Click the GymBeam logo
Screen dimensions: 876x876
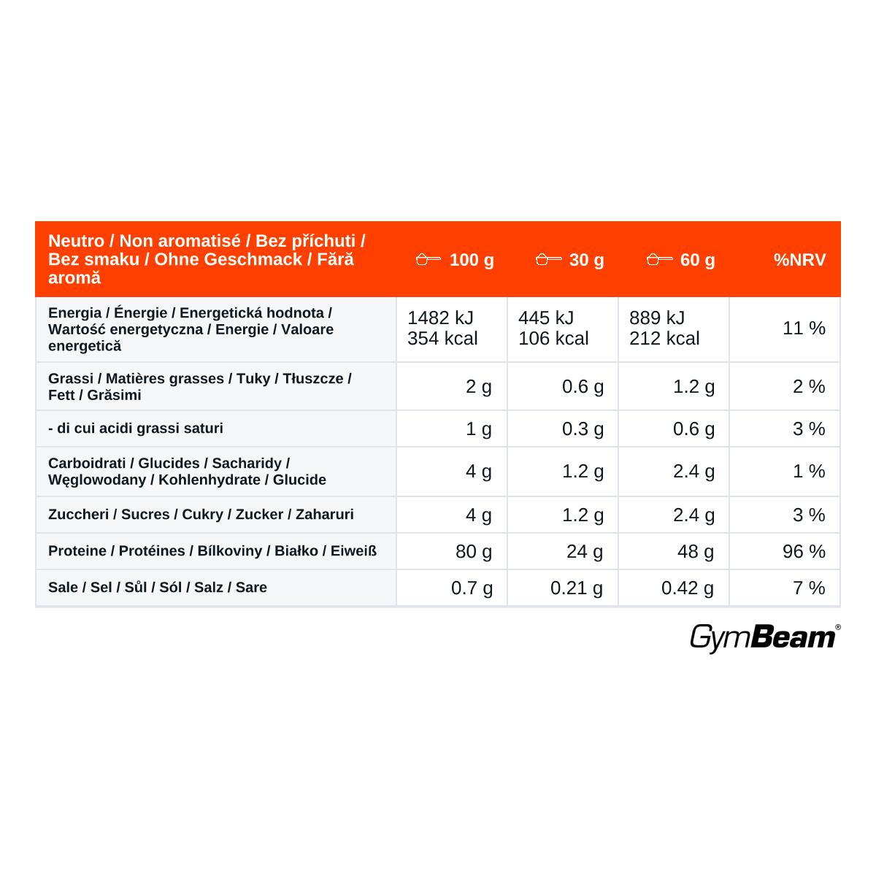765,638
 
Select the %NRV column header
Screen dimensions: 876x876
799,260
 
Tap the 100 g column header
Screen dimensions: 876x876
472,261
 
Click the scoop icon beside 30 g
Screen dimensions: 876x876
549,259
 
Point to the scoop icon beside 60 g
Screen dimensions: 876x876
660,259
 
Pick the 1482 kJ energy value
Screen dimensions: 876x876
440,318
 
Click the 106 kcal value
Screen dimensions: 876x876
553,338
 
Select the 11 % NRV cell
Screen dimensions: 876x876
804,328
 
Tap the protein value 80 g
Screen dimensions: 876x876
474,552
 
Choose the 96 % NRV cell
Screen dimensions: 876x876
804,551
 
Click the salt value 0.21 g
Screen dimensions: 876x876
577,588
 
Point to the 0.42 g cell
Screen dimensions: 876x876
688,588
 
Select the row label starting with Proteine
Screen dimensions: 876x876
212,551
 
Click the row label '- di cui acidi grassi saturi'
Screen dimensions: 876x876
136,429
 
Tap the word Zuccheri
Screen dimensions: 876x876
78,514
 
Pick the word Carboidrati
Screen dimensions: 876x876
87,464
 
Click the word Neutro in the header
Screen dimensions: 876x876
77,241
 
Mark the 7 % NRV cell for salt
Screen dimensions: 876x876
809,588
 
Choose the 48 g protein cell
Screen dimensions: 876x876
696,552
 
